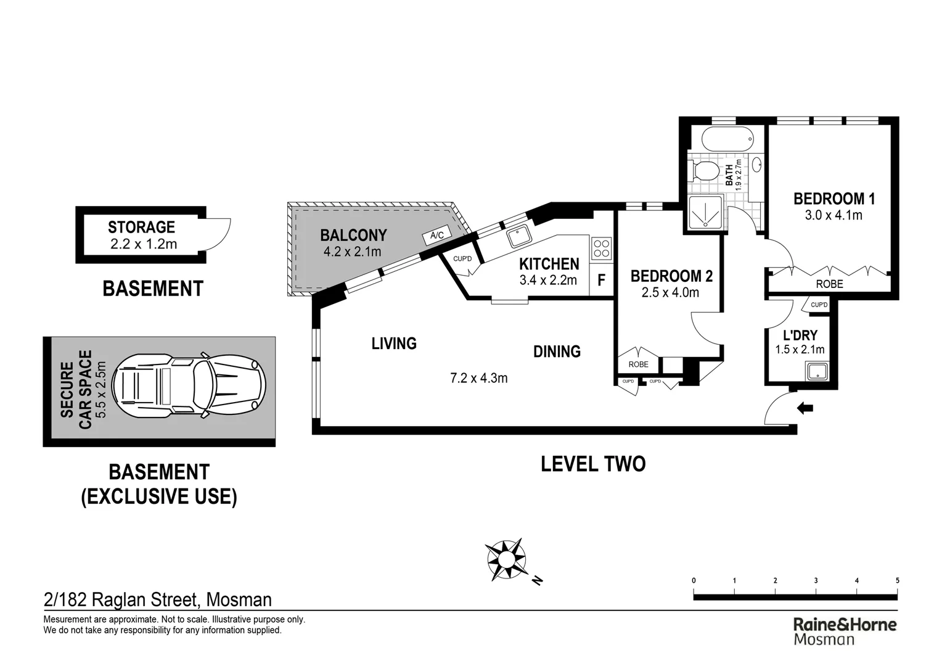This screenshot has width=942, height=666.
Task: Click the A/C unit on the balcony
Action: (x=437, y=235)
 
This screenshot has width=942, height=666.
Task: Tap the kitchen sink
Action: (x=519, y=236)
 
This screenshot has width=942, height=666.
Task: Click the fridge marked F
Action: (x=601, y=280)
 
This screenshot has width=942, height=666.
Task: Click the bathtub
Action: (x=727, y=138)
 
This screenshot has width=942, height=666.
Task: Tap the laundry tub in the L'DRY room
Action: (x=817, y=372)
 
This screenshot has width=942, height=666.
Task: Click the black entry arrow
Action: (x=805, y=408)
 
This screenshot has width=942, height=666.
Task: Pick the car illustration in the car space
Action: (x=189, y=386)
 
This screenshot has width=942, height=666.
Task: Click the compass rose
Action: (x=506, y=560)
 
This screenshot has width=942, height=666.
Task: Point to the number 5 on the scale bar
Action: (x=897, y=581)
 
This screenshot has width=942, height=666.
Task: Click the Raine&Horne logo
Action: (x=845, y=631)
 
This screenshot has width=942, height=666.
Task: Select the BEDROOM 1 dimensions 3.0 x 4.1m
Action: (x=833, y=215)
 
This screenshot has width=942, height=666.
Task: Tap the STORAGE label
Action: (x=141, y=227)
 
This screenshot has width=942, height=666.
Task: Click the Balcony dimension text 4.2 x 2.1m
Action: (x=353, y=252)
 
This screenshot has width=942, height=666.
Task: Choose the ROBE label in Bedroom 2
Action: (x=638, y=364)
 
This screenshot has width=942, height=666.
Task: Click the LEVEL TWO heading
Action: (x=593, y=464)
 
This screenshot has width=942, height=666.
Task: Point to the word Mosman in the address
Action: (x=239, y=599)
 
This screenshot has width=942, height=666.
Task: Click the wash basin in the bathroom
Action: (x=756, y=164)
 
